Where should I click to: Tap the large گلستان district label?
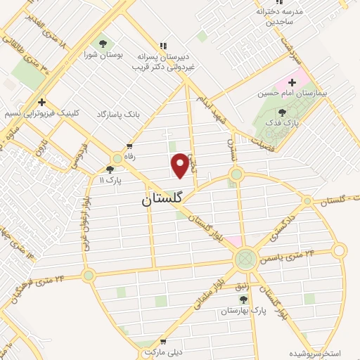point(161,199)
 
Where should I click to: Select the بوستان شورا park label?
point(104,54)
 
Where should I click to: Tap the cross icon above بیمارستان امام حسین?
point(292,82)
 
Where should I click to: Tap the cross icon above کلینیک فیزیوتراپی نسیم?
point(42,101)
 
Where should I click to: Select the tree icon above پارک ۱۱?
point(109,169)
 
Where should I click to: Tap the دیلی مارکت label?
point(163,350)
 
